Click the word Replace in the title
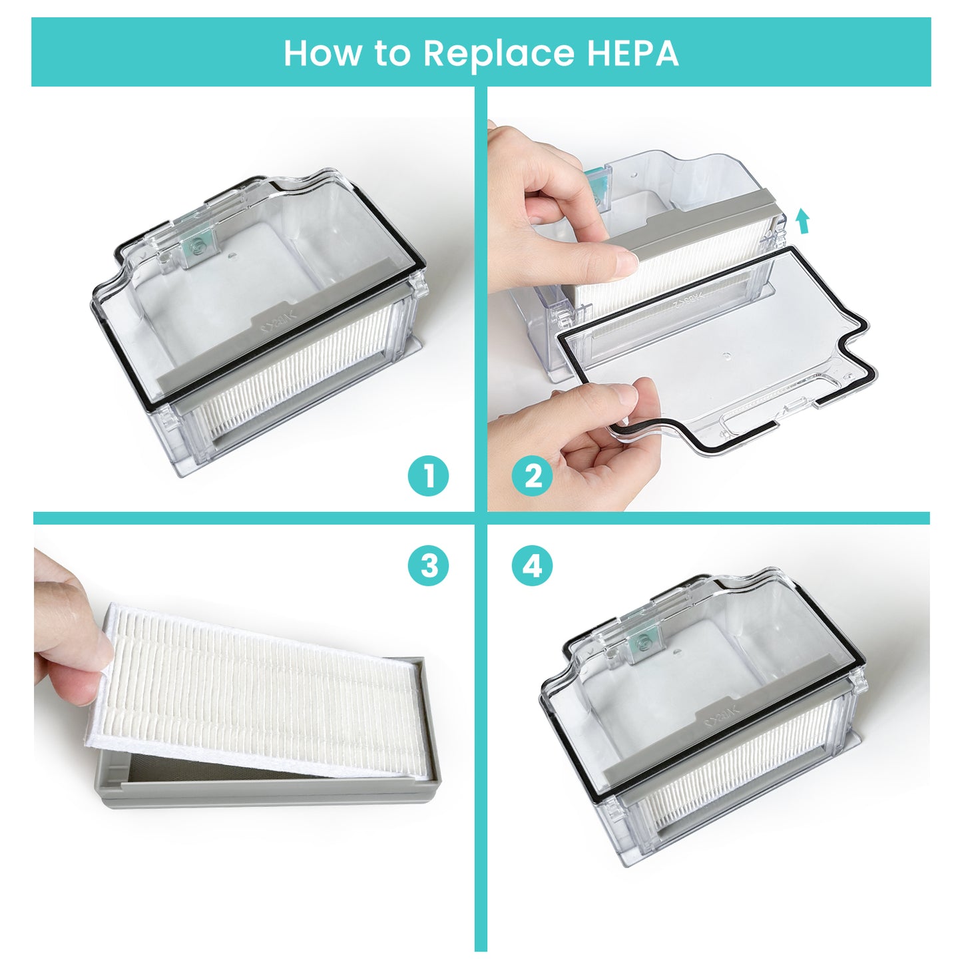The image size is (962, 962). [x=498, y=53]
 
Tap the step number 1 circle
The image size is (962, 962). [x=429, y=476]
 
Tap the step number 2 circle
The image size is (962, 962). [x=532, y=476]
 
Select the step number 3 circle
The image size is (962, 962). [x=429, y=566]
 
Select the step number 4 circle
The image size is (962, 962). [x=532, y=566]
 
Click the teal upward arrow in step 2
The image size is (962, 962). [x=804, y=221]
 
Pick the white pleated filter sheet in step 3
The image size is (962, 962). [x=253, y=692]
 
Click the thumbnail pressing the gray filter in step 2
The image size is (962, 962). [x=626, y=260]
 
